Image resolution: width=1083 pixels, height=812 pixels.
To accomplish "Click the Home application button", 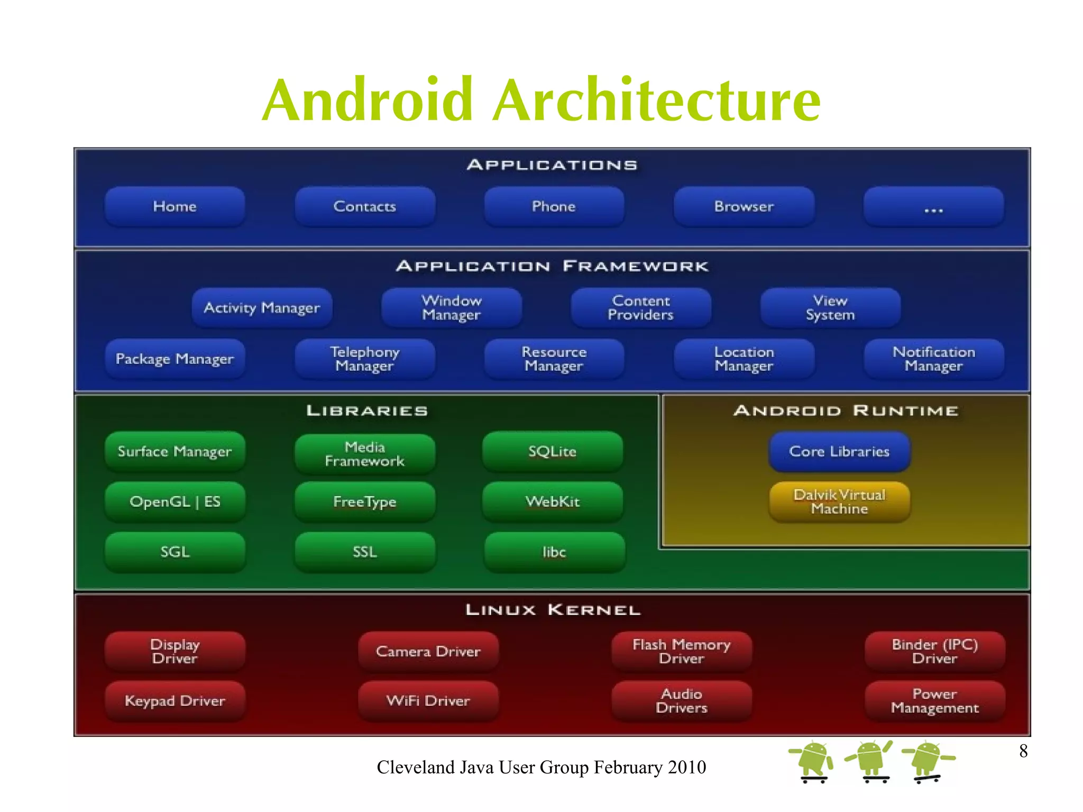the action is pyautogui.click(x=175, y=206).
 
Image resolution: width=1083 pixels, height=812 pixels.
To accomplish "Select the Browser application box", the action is pyautogui.click(x=744, y=206).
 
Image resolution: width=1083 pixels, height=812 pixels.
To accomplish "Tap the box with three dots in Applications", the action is pyautogui.click(x=933, y=206).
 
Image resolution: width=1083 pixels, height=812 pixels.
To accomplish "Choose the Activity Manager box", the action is pyautogui.click(x=262, y=307).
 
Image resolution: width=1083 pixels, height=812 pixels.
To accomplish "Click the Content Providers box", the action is pyautogui.click(x=640, y=307).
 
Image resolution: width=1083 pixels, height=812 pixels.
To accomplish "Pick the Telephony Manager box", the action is pyautogui.click(x=364, y=359).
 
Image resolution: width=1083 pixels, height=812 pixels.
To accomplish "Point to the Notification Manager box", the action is pyautogui.click(x=933, y=359).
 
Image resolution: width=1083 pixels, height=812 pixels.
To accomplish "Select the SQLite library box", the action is pyautogui.click(x=552, y=451).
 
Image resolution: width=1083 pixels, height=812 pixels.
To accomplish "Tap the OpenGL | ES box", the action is pyautogui.click(x=175, y=501).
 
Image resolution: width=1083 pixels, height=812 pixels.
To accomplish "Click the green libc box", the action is pyautogui.click(x=554, y=552).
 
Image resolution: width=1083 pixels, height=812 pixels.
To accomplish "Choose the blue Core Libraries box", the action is pyautogui.click(x=839, y=451).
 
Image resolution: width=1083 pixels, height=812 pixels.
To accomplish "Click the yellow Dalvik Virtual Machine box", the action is pyautogui.click(x=839, y=501).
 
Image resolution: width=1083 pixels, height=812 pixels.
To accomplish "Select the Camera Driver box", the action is pyautogui.click(x=428, y=651).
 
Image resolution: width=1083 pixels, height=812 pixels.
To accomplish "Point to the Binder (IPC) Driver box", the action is pyautogui.click(x=934, y=651).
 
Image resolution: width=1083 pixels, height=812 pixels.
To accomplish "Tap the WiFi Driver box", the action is pyautogui.click(x=428, y=701).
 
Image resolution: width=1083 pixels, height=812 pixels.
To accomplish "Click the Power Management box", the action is pyautogui.click(x=934, y=701).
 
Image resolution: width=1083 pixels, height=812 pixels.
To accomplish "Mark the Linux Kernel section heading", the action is pyautogui.click(x=553, y=610).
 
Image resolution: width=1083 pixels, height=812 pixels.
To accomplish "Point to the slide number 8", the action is pyautogui.click(x=1023, y=751).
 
